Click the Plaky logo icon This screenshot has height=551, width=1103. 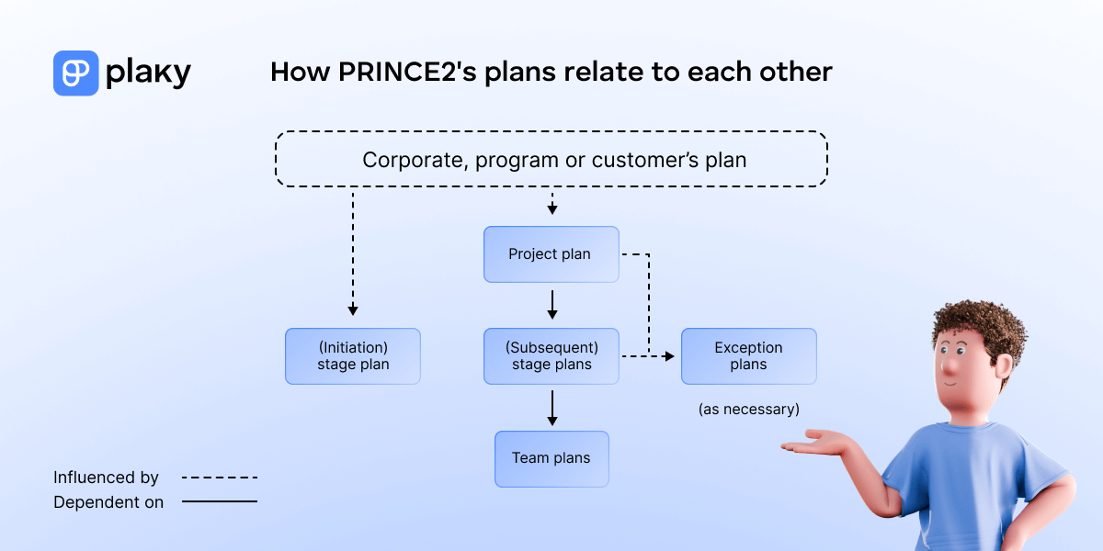pyautogui.click(x=75, y=73)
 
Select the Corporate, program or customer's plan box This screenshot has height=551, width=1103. pyautogui.click(x=551, y=160)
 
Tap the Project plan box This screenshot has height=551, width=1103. pyautogui.click(x=551, y=254)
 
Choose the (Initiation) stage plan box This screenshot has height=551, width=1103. pyautogui.click(x=353, y=356)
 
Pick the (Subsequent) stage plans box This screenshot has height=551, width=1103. pyautogui.click(x=551, y=356)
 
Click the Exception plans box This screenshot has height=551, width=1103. pyautogui.click(x=748, y=356)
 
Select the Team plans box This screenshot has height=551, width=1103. pyautogui.click(x=551, y=458)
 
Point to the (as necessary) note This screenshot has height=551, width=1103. pyautogui.click(x=748, y=410)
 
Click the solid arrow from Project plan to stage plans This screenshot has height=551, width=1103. pyautogui.click(x=551, y=304)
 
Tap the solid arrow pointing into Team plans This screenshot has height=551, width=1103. pyautogui.click(x=551, y=407)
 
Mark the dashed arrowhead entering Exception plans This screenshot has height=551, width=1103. pyautogui.click(x=670, y=355)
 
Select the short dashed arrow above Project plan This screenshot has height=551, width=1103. pyautogui.click(x=551, y=204)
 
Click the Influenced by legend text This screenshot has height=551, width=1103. pyautogui.click(x=106, y=478)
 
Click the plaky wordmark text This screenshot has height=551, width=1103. pyautogui.click(x=148, y=73)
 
